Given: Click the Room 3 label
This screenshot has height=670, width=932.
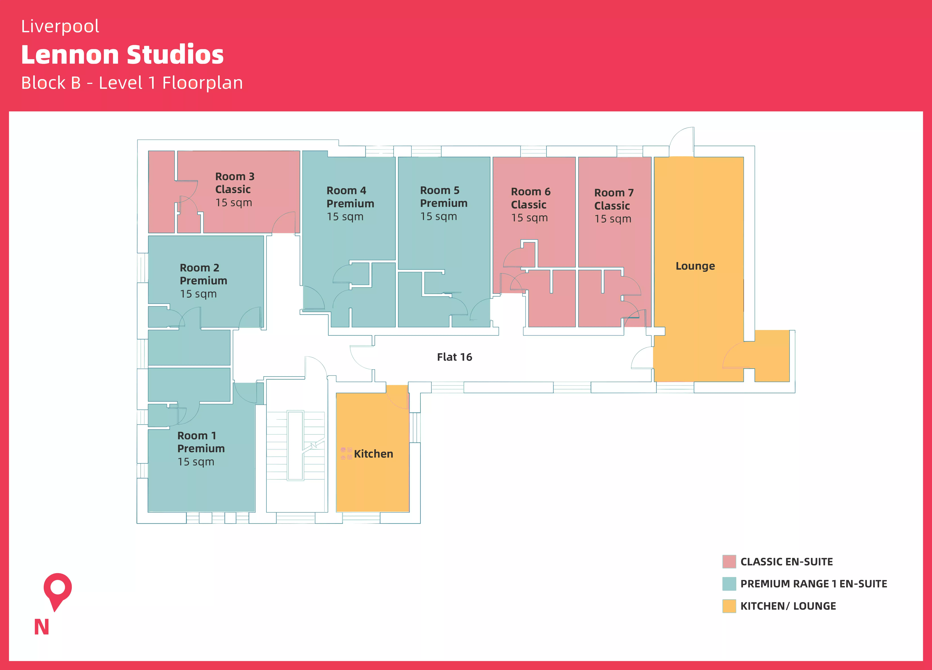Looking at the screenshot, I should (x=235, y=177).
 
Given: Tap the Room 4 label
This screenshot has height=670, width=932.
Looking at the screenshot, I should (x=346, y=191).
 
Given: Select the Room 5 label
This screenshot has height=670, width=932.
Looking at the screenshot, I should (x=439, y=190).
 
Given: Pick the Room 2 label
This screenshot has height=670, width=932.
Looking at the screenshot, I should (x=199, y=268).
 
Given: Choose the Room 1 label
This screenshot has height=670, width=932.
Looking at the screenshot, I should (x=196, y=435).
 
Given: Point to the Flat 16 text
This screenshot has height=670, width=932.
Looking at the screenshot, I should (x=455, y=357).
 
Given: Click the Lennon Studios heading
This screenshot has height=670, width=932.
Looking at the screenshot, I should (x=122, y=55).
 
